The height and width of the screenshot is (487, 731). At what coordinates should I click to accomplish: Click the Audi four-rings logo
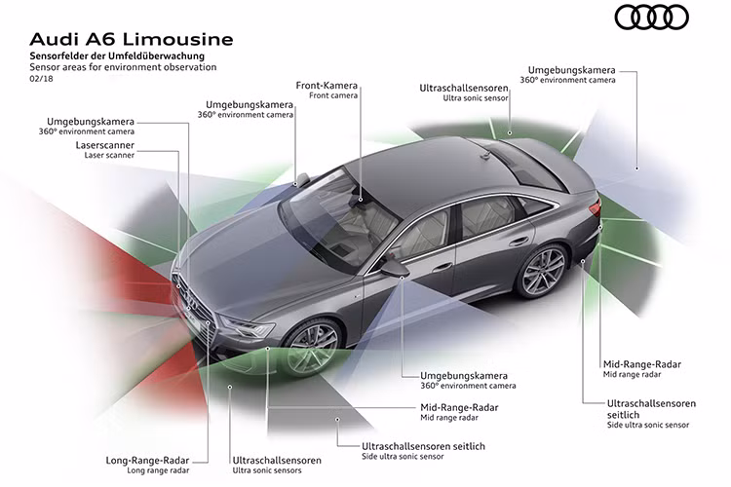(x=651, y=18)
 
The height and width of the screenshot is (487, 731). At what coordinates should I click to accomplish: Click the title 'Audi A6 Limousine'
(x=132, y=40)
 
